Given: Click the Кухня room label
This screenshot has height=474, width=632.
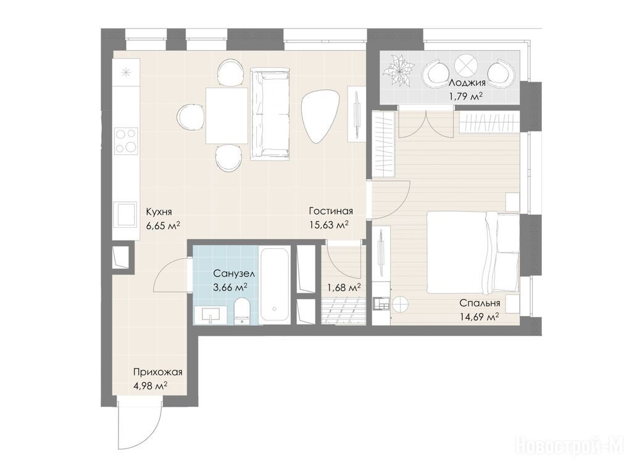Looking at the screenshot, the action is tap(159, 212).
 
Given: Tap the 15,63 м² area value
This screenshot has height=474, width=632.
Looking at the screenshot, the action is tap(328, 225).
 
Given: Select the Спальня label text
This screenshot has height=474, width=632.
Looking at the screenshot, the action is tap(480, 303).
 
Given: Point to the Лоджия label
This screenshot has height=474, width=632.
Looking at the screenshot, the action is tap(467, 83).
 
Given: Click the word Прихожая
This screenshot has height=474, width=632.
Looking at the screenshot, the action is tap(158, 372).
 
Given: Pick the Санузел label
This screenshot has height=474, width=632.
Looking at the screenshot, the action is tap(234, 274).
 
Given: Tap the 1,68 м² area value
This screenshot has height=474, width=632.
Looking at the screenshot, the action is tap(344, 288).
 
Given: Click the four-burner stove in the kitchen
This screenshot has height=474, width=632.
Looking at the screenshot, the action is tap(126, 141).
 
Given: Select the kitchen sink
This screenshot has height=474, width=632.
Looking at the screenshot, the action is tap(125, 214).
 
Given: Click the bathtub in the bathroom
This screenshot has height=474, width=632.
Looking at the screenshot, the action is tap(274, 285).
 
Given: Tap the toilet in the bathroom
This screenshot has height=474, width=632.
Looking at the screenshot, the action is tap(242, 311).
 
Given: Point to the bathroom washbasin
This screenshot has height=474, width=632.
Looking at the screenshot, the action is tap(210, 315).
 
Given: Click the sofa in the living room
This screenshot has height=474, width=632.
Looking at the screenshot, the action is tap(270, 114).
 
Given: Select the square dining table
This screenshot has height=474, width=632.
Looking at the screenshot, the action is tap(227, 115).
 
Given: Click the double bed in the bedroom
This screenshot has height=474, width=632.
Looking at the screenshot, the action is tap(473, 252).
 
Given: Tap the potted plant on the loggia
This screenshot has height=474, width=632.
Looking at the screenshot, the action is tap(399, 72).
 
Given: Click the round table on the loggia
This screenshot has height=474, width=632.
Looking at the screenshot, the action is tap(467, 64).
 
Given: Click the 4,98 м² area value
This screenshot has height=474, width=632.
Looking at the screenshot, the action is tap(151, 386).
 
